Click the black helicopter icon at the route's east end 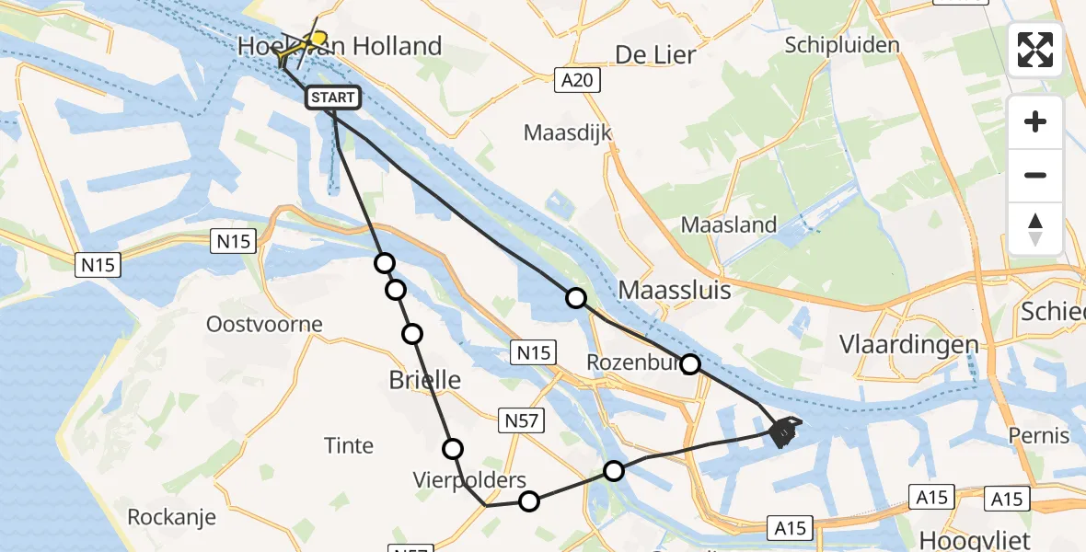[782, 430]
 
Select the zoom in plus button [1035, 121]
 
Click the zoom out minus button [1035, 175]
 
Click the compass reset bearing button [1035, 228]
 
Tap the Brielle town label [424, 380]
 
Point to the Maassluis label [675, 291]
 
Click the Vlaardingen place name [908, 344]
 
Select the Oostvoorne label [265, 324]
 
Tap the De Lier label [655, 54]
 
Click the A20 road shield [577, 80]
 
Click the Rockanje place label [172, 517]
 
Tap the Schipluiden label [842, 45]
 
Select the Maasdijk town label [568, 132]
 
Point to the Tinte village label [349, 446]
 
